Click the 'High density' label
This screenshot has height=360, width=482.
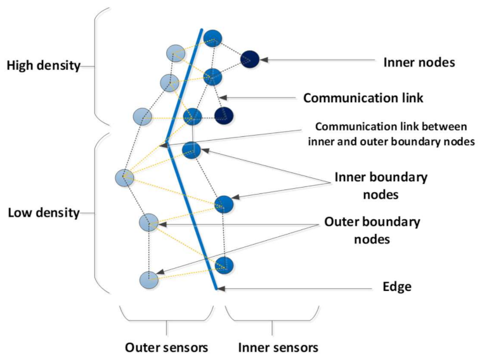click(x=43, y=65)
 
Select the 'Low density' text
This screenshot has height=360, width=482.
click(x=43, y=212)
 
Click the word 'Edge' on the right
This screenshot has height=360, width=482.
click(x=398, y=286)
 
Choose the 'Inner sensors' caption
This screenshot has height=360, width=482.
click(x=278, y=347)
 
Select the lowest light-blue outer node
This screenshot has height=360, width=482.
click(x=148, y=279)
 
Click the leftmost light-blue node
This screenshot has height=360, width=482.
click(x=124, y=178)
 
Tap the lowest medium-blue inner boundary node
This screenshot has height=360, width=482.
click(x=225, y=265)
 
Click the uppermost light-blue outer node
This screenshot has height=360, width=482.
click(x=176, y=53)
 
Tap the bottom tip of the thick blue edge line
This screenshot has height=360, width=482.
click(x=216, y=288)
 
